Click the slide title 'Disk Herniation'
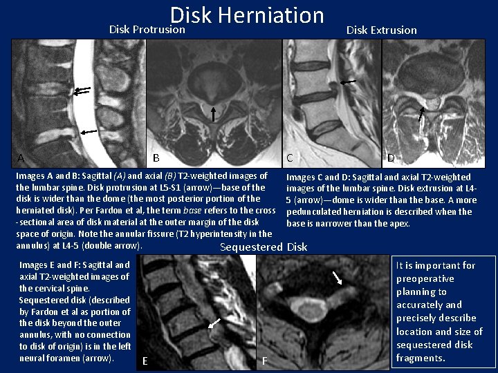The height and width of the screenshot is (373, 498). (x=247, y=15)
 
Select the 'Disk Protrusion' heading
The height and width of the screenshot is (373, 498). (x=147, y=30)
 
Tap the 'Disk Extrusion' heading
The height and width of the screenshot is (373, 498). (x=381, y=30)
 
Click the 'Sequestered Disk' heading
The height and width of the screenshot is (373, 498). (x=263, y=247)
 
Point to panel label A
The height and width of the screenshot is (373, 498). (x=21, y=158)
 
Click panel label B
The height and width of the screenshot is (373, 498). (x=156, y=157)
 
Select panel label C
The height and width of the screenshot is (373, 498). (x=290, y=157)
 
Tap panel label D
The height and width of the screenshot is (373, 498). (x=391, y=158)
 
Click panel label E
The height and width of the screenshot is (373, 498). (x=144, y=360)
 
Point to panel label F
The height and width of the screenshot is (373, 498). (x=264, y=360)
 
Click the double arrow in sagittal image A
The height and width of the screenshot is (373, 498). (x=82, y=89)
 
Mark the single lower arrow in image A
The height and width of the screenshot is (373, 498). (x=88, y=131)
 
